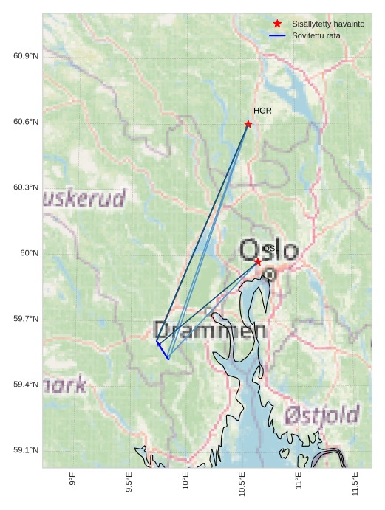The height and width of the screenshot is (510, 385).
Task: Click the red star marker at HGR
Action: click(248, 124)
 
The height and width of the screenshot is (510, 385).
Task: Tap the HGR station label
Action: click(262, 111)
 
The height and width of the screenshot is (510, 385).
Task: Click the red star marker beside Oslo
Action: click(258, 262)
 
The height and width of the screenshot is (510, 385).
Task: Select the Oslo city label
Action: click(269, 251)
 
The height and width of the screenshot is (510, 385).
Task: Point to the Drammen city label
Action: click(209, 331)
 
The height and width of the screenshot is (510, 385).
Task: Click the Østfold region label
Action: click(322, 415)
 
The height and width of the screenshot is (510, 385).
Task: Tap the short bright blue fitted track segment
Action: click(163, 351)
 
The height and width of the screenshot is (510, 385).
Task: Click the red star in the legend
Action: click(277, 24)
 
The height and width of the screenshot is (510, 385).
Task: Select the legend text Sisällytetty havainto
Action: click(328, 24)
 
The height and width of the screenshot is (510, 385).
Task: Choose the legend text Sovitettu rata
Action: click(316, 35)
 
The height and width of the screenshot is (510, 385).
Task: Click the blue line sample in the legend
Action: click(277, 35)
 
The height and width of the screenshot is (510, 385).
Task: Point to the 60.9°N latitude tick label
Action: click(26, 56)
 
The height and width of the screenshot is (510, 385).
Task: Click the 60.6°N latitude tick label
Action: click(26, 122)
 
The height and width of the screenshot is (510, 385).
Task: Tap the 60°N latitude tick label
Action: click(30, 253)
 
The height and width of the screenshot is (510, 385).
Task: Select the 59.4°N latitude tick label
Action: click(26, 385)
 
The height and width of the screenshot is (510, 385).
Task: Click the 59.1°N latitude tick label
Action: click(26, 450)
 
